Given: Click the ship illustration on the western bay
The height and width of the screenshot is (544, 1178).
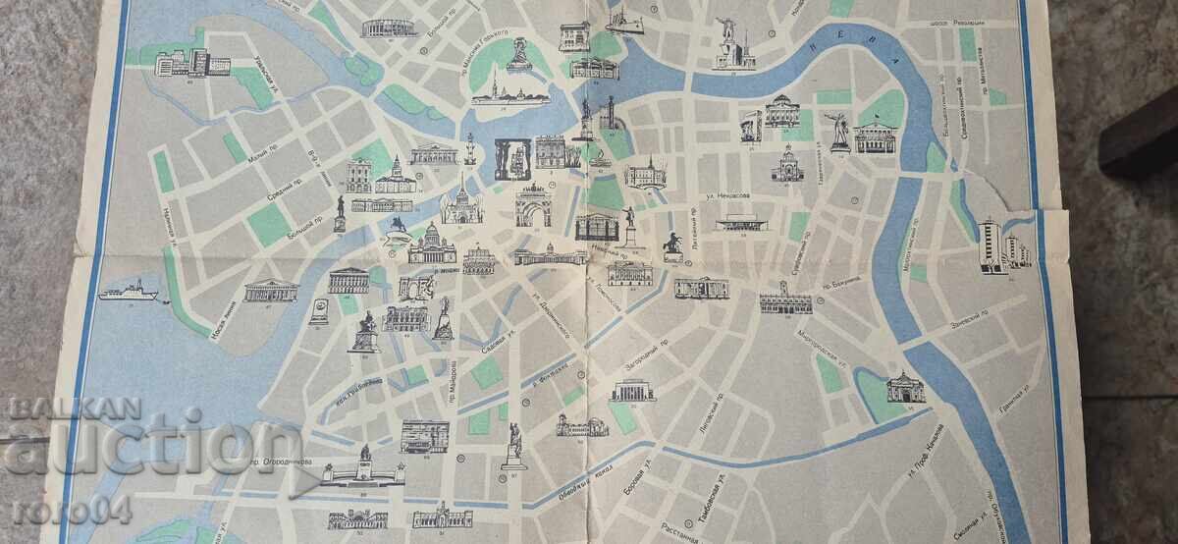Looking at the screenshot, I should coord(128,291).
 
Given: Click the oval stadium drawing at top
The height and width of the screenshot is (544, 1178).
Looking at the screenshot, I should coord(389,27).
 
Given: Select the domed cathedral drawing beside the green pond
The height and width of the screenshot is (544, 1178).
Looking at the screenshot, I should coord(903,389).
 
